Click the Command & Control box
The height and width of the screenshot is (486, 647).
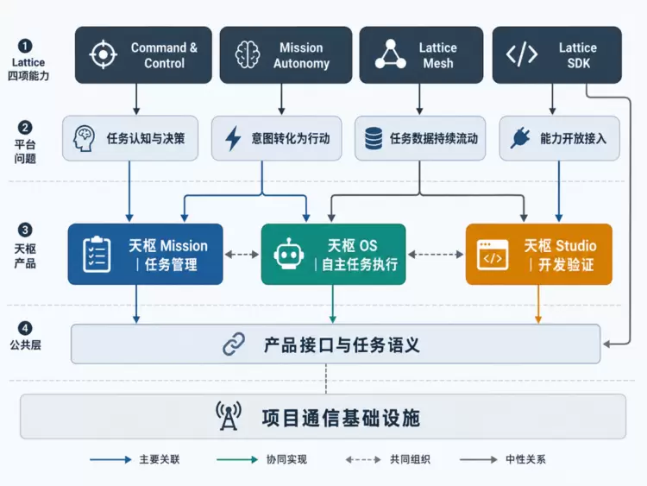[143, 55]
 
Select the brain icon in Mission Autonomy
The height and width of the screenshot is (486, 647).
[248, 54]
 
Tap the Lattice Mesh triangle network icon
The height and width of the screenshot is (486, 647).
[390, 54]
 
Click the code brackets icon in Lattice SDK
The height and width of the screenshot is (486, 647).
[522, 54]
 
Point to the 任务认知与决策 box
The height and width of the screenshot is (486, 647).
[130, 138]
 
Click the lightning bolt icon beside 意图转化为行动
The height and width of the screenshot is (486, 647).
[233, 138]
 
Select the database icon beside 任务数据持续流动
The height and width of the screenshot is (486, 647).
[374, 138]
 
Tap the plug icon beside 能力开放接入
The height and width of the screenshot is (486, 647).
[520, 138]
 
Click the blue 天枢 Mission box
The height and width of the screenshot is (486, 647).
[145, 255]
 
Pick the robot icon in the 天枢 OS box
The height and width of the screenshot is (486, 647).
[289, 255]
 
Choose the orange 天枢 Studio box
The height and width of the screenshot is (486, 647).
[539, 255]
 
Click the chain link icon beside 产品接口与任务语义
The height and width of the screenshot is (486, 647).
[234, 344]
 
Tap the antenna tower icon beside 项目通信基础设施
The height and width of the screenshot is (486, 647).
[229, 416]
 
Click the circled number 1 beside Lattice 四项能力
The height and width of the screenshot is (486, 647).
[25, 46]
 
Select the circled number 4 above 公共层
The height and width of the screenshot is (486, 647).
[25, 328]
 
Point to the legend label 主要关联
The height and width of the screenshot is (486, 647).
[160, 459]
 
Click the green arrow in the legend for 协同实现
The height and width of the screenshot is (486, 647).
[237, 459]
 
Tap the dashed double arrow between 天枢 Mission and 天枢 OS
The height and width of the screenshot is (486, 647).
[242, 255]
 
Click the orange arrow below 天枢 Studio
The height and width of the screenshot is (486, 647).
[538, 304]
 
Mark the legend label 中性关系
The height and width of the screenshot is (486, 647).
[525, 459]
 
